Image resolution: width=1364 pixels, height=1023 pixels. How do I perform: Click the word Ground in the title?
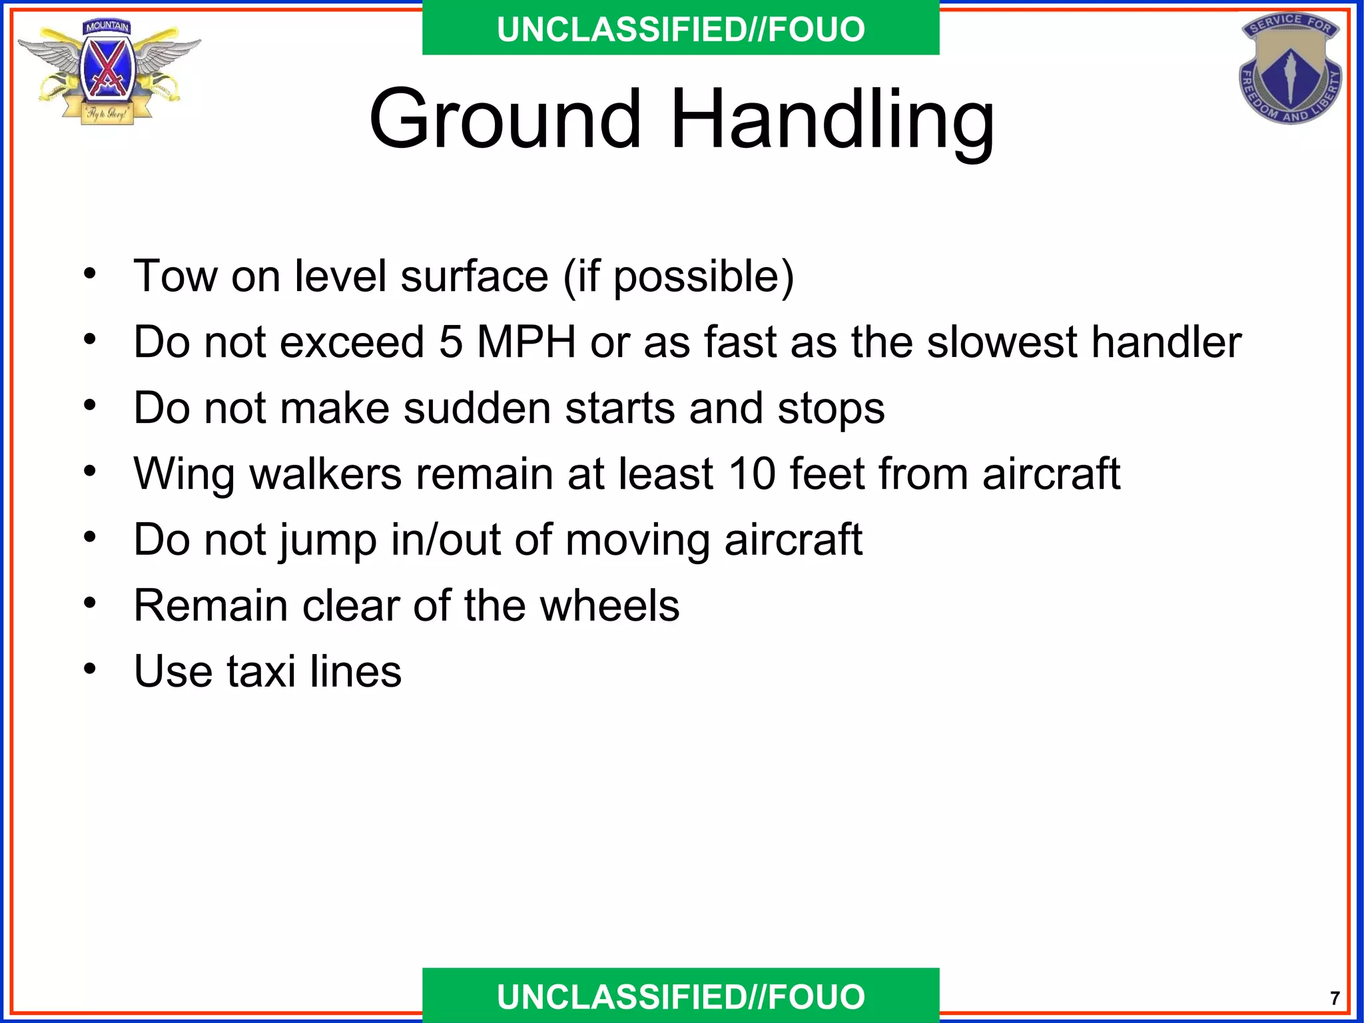tap(505, 120)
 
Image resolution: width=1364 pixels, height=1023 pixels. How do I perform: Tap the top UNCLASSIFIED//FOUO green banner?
tap(681, 29)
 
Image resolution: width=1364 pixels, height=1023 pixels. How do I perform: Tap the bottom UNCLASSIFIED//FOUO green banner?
tap(681, 996)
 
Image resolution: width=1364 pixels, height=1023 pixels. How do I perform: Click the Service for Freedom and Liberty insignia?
tap(1290, 68)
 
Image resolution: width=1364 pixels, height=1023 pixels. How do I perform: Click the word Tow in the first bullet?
tap(174, 276)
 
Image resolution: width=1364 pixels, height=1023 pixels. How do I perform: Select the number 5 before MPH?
tap(451, 342)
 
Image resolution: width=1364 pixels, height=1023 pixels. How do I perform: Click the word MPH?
tap(526, 342)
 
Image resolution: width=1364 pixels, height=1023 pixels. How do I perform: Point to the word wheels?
tap(609, 605)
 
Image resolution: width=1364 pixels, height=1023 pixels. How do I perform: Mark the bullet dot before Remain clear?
tap(90, 603)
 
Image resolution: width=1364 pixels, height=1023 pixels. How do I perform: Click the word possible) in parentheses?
tap(703, 277)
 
